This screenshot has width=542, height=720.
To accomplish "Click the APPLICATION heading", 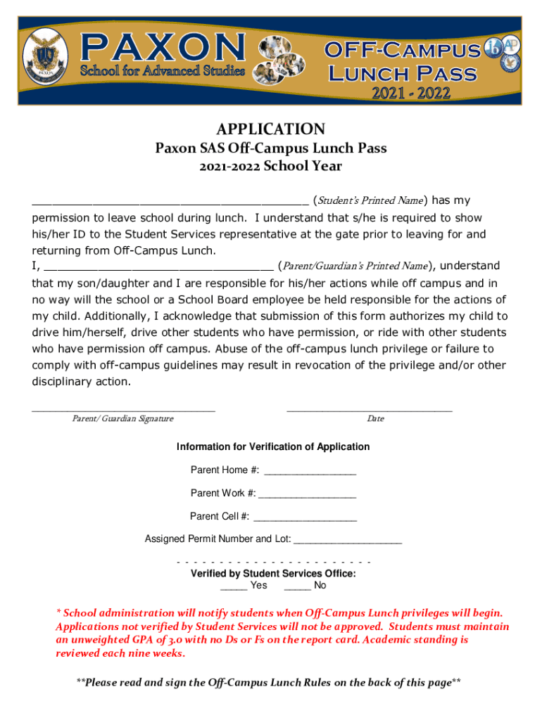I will tap(271, 129).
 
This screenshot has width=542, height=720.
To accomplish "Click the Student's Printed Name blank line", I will tap(170, 200).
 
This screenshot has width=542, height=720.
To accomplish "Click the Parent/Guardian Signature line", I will tap(123, 408).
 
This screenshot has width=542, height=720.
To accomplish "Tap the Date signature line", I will tap(370, 408).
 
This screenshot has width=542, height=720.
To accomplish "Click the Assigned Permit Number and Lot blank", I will tap(348, 541).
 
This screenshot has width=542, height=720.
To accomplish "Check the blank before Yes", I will tap(233, 586).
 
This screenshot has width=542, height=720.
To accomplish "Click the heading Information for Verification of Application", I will tap(273, 447).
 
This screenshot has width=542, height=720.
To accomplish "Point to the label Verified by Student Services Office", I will tap(273, 574).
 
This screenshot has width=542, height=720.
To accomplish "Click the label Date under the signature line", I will tap(375, 419).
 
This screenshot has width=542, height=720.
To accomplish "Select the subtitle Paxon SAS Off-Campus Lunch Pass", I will tap(271, 149).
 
